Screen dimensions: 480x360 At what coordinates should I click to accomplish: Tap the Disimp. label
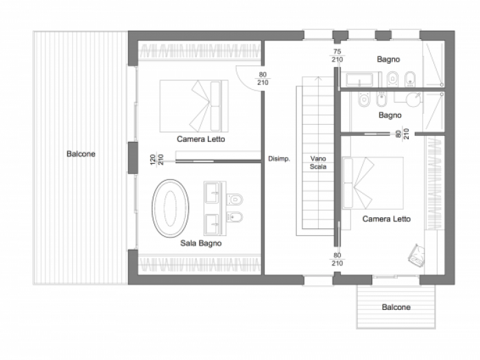pyautogui.click(x=279, y=159)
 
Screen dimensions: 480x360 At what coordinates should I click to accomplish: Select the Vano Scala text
pyautogui.click(x=318, y=163)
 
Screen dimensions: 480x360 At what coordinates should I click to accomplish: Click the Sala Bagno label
pyautogui.click(x=201, y=243)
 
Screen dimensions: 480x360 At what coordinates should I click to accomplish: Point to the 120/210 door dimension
pyautogui.click(x=157, y=159)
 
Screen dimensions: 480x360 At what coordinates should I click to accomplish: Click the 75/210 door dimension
pyautogui.click(x=337, y=56)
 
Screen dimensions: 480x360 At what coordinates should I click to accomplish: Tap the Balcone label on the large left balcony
pyautogui.click(x=81, y=154)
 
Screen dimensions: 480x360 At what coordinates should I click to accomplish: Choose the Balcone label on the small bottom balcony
pyautogui.click(x=396, y=307)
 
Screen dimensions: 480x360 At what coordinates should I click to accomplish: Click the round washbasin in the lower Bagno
pyautogui.click(x=413, y=99)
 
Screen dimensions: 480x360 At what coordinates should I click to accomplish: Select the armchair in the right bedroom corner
pyautogui.click(x=417, y=254)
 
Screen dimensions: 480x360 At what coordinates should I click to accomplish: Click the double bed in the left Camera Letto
pyautogui.click(x=194, y=106)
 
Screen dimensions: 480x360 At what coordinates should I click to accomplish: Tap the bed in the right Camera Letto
pyautogui.click(x=372, y=183)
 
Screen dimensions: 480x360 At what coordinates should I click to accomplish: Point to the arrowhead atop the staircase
pyautogui.click(x=319, y=78)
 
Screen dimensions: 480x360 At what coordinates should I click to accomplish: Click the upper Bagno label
pyautogui.click(x=388, y=59)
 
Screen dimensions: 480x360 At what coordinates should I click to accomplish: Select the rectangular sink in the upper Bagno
pyautogui.click(x=360, y=80)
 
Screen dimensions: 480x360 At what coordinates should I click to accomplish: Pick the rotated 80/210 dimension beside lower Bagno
pyautogui.click(x=403, y=134)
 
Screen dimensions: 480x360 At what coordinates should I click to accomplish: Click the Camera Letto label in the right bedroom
pyautogui.click(x=386, y=219)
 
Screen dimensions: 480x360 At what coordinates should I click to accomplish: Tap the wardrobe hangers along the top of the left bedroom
pyautogui.click(x=200, y=51)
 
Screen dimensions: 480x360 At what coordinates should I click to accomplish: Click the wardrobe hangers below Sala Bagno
pyautogui.click(x=200, y=264)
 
